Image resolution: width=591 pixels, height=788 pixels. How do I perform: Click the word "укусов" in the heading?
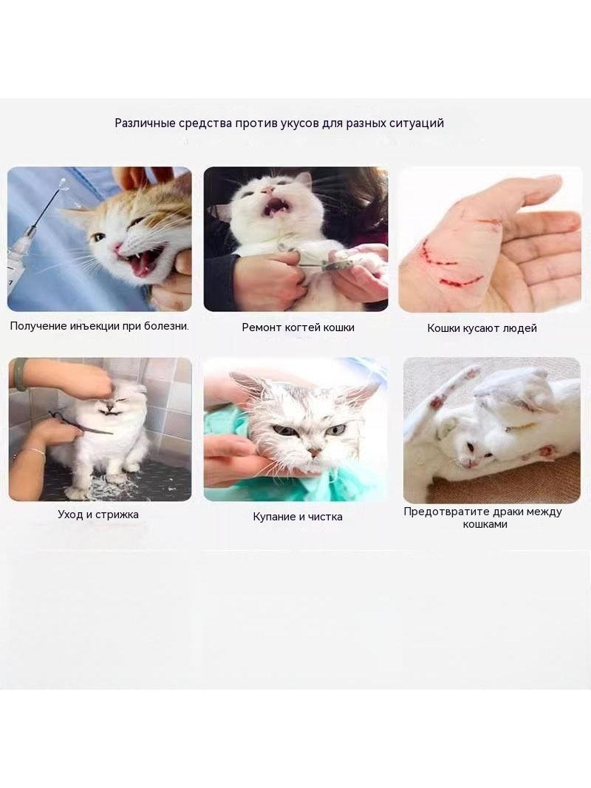tap(297, 123)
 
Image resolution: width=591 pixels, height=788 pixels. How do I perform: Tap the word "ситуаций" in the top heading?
tap(419, 123)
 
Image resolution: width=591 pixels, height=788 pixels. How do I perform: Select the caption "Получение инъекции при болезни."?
tap(100, 326)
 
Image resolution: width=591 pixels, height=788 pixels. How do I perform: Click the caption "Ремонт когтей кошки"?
tap(298, 327)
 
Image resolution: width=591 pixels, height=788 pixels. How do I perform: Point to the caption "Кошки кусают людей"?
tap(482, 328)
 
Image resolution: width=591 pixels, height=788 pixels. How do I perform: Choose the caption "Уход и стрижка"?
tap(98, 514)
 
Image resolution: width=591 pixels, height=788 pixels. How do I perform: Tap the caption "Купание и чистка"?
tap(298, 517)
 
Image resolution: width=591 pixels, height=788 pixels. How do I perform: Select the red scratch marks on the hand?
tap(454, 257)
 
